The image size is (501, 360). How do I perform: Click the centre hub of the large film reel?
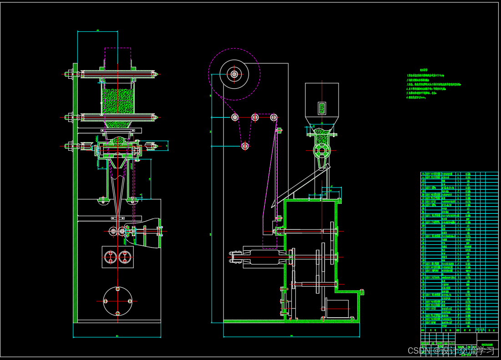[x=234, y=74]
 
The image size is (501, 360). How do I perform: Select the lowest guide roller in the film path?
[x=245, y=146]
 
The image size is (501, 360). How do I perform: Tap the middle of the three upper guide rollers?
[x=255, y=117]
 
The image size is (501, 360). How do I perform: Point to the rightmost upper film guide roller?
[x=273, y=117]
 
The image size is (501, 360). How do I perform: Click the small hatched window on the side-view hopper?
[x=322, y=108]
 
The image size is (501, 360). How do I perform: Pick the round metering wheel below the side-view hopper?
[x=322, y=150]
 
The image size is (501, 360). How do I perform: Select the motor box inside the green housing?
[x=338, y=308]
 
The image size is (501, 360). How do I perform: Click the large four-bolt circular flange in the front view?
[x=118, y=301]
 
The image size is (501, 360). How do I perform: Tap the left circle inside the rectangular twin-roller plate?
[x=111, y=258]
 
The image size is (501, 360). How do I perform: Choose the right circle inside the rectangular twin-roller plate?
[x=124, y=258]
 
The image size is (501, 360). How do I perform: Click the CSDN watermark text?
[x=450, y=350]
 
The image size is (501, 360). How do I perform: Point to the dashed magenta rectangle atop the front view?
[x=118, y=57]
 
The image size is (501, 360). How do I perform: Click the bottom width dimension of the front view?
[x=117, y=337]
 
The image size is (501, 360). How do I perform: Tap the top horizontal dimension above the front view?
[x=98, y=31]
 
